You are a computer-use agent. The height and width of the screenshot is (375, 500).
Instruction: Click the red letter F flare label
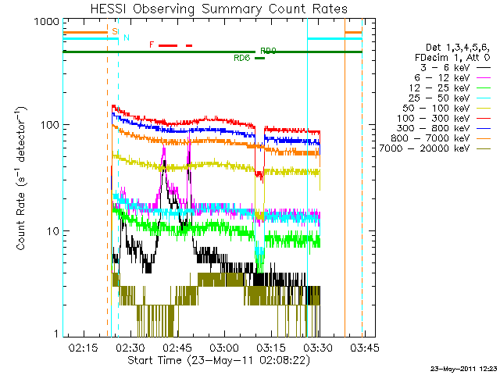tap(152, 45)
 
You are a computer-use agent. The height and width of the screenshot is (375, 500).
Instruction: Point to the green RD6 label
tap(242, 58)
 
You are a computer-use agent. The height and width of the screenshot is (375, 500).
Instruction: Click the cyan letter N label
tap(127, 38)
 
